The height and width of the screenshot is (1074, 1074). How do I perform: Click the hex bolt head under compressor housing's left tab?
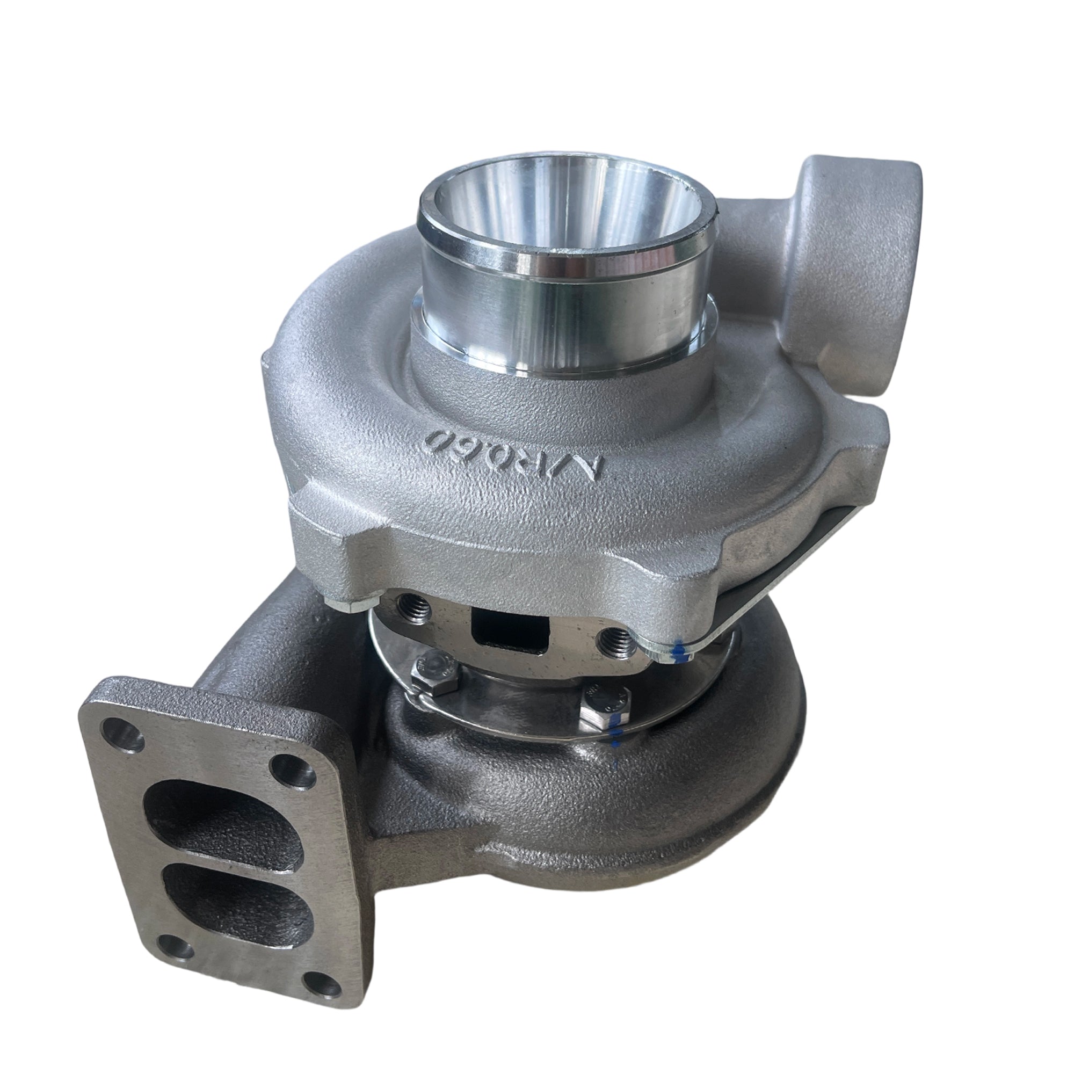click(351, 606)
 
